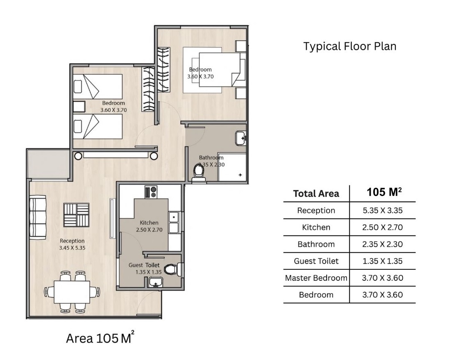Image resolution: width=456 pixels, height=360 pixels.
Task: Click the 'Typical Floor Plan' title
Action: pos(350,46)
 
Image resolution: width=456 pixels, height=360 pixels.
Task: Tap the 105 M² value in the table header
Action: pos(384,192)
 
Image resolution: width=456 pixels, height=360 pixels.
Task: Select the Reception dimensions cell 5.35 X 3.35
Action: pos(382,210)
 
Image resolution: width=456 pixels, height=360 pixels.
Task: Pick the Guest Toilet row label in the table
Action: pos(316,261)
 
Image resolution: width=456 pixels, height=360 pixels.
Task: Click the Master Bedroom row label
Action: pos(316,278)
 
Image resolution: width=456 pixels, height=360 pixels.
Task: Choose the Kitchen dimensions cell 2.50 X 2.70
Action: pos(382,227)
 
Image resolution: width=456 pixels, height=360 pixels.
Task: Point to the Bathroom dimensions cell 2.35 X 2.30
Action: pos(382,244)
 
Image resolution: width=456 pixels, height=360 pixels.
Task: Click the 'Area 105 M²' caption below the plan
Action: pos(100,337)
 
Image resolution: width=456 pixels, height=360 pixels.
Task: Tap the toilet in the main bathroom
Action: pos(199,173)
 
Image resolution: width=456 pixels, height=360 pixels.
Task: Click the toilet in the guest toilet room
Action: pos(174,269)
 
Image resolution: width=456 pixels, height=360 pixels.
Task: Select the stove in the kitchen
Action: pos(151,192)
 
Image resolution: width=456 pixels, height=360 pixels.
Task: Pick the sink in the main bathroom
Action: pos(241,138)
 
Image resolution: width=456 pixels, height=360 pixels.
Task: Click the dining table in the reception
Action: pos(72,292)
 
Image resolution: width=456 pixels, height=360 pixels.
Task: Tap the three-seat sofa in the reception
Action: pos(38,217)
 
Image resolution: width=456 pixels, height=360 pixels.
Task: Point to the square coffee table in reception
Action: pos(76,215)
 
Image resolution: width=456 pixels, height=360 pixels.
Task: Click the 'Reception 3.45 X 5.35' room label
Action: pos(72,244)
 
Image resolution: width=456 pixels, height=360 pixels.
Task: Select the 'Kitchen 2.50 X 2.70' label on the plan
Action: pos(149,226)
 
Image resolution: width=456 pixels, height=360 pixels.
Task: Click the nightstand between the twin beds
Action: pos(79,107)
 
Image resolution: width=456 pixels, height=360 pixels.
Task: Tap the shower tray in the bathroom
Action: pos(232,166)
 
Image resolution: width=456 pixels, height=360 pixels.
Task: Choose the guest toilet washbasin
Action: pos(156,282)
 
